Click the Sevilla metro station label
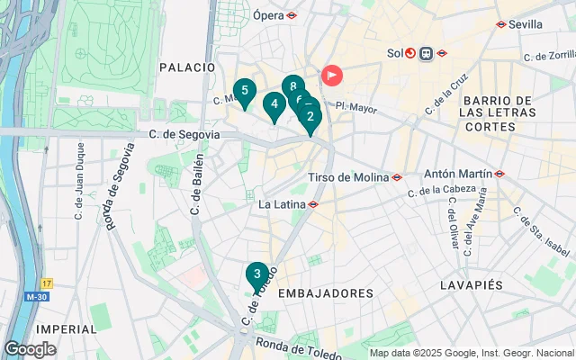tap(526, 24)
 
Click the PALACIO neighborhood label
tap(186, 67)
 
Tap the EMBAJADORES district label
tap(326, 293)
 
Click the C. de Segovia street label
tap(184, 134)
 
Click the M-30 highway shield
tap(37, 296)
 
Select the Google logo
tap(30, 348)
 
